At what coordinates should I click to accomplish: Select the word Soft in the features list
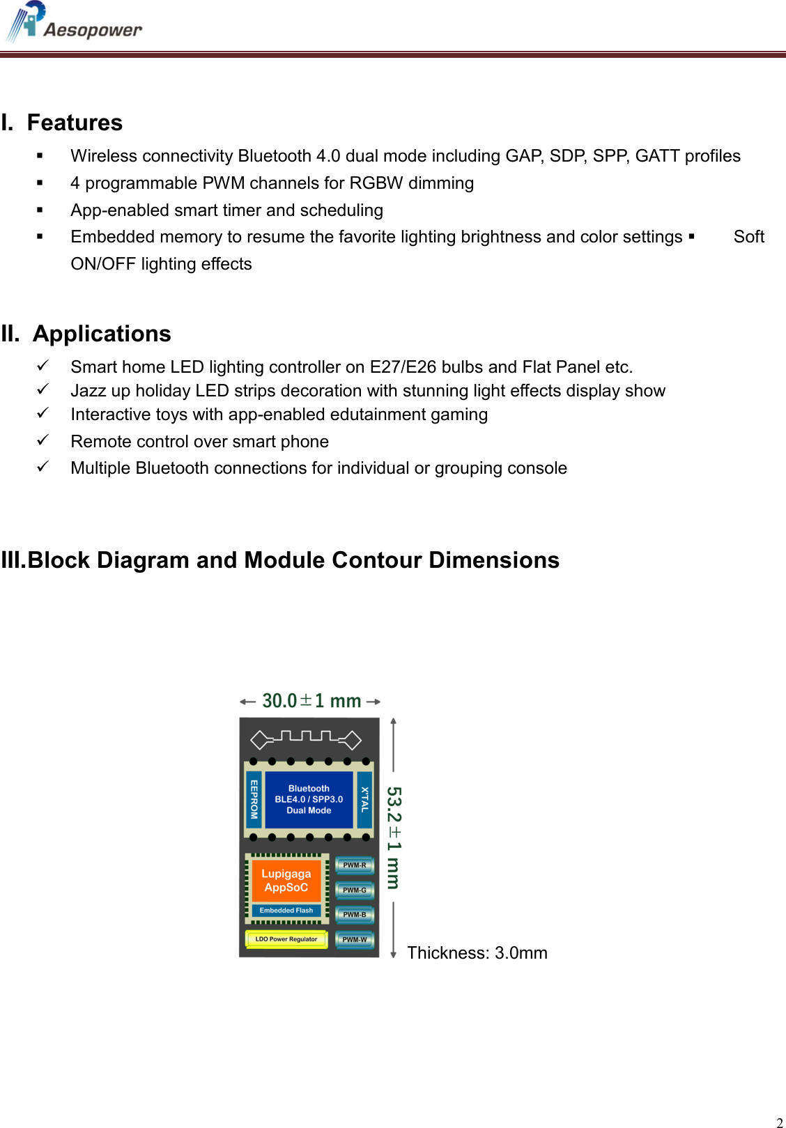coord(748,237)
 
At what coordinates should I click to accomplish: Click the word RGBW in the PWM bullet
coord(376,183)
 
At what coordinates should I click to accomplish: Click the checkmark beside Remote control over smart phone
coord(43,440)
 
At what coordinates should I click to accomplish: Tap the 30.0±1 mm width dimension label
coord(311,701)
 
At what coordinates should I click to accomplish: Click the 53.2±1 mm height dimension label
coord(394,838)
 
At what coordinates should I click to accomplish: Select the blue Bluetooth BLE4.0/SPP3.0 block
coord(309,799)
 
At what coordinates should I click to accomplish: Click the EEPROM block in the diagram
coord(254,799)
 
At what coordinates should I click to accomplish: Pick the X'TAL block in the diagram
coord(364,799)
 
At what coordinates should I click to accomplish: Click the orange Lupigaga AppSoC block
coord(286,881)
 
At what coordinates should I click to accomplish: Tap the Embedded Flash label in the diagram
coord(286,911)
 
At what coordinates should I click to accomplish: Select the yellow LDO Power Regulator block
coord(286,939)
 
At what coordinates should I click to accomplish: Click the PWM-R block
coord(355,865)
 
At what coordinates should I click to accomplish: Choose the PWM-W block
coord(355,940)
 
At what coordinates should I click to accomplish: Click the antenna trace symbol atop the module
coord(306,738)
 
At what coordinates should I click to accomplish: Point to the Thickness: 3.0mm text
coord(477,953)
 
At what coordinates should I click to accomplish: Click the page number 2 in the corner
coord(779,1122)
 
